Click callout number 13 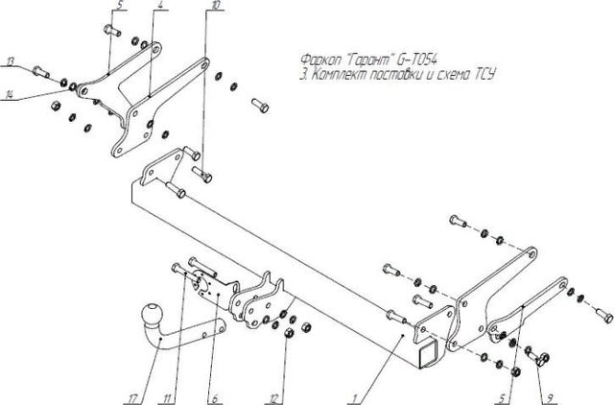(10, 60)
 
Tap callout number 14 (10, 94)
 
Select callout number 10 (213, 7)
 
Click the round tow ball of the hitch (153, 315)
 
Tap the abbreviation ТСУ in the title (483, 74)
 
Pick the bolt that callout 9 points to (536, 358)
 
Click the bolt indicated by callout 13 (41, 71)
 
